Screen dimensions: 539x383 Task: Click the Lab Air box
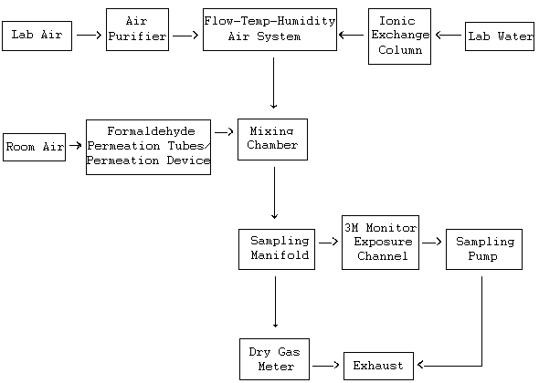[37, 36]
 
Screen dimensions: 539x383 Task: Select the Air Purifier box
[138, 29]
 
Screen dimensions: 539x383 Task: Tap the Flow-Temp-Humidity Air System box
[269, 29]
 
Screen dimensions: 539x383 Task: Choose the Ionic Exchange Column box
[399, 36]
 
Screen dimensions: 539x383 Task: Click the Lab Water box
[500, 36]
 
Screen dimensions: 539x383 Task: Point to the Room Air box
[34, 147]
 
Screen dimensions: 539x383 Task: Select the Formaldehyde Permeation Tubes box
[148, 147]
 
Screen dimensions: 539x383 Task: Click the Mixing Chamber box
[272, 140]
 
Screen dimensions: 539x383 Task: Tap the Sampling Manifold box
[277, 249]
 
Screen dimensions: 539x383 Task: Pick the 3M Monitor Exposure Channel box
[380, 243]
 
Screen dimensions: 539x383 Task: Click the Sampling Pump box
[484, 249]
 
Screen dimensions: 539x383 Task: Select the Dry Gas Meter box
[274, 359]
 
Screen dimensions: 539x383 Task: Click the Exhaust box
[378, 366]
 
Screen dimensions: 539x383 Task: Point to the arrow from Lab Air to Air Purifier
[89, 35]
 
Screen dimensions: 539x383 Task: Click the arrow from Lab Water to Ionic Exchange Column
[449, 35]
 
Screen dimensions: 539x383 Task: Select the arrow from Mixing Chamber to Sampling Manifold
[274, 193]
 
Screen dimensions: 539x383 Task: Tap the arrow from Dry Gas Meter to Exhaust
[325, 366]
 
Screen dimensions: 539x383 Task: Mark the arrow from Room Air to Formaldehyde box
[75, 146]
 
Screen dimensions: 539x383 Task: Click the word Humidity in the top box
[306, 21]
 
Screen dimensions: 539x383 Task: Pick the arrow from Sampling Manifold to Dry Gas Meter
[275, 302]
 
